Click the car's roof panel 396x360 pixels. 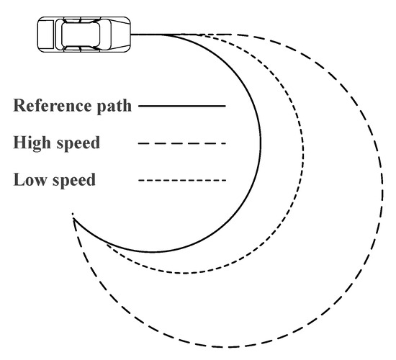tap(80, 34)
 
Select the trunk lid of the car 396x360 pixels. tap(46, 34)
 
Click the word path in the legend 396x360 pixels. tap(115, 107)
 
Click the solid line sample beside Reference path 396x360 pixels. tap(181, 106)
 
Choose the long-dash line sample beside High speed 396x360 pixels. tap(181, 143)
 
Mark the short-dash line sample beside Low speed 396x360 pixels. tap(181, 180)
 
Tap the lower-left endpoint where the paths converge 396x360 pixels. tap(73, 215)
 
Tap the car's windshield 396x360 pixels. tap(99, 34)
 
